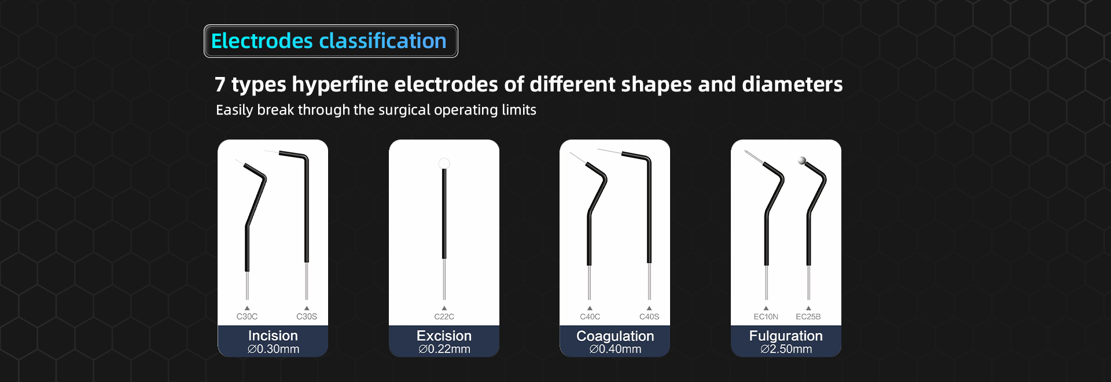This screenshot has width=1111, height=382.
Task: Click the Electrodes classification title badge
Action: (x=331, y=41)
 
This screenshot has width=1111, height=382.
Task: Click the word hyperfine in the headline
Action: (x=340, y=85)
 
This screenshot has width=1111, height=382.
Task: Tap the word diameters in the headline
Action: (x=792, y=85)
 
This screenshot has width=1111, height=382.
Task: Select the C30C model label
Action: (x=247, y=317)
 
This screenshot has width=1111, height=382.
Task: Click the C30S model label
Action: (x=307, y=317)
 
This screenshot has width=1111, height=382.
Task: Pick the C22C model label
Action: (x=444, y=317)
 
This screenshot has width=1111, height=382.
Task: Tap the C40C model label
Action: (x=590, y=317)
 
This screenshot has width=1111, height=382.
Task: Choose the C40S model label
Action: (x=649, y=317)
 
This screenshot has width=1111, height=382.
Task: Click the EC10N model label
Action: (x=766, y=317)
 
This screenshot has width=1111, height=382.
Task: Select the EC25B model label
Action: (x=808, y=317)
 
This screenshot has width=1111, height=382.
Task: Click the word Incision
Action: (x=273, y=336)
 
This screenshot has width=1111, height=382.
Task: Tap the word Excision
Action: (x=444, y=336)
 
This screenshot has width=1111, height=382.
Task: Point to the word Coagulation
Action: (x=615, y=336)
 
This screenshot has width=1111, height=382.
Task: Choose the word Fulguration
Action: (x=786, y=336)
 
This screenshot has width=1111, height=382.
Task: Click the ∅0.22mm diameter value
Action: (x=444, y=349)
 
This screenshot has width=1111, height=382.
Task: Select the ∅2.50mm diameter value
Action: (x=786, y=349)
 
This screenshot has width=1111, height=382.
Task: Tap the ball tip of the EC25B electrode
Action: (x=802, y=161)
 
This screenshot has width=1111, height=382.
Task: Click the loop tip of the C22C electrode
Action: (x=444, y=163)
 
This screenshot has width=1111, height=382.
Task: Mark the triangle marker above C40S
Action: (x=649, y=308)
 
